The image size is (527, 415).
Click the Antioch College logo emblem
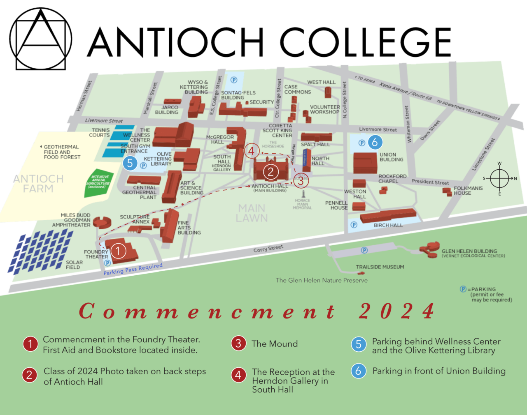(x=41, y=39)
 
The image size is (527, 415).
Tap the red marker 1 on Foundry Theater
(x=118, y=251)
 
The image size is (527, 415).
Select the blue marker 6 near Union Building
(x=375, y=142)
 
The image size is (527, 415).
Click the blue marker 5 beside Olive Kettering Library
(x=130, y=163)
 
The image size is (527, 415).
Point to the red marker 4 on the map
(x=251, y=151)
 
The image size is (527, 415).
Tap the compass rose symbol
(x=499, y=178)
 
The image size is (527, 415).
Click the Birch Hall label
(x=388, y=225)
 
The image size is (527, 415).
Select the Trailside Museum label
(x=380, y=267)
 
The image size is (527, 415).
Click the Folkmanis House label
(x=468, y=190)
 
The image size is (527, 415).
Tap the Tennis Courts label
(x=99, y=132)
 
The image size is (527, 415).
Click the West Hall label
(x=321, y=82)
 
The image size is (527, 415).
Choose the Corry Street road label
(x=268, y=249)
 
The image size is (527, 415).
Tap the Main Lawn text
(x=252, y=213)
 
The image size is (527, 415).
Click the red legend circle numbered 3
(x=238, y=344)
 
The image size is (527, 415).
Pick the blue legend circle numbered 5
(x=358, y=344)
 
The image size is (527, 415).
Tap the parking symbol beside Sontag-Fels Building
(x=234, y=80)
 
